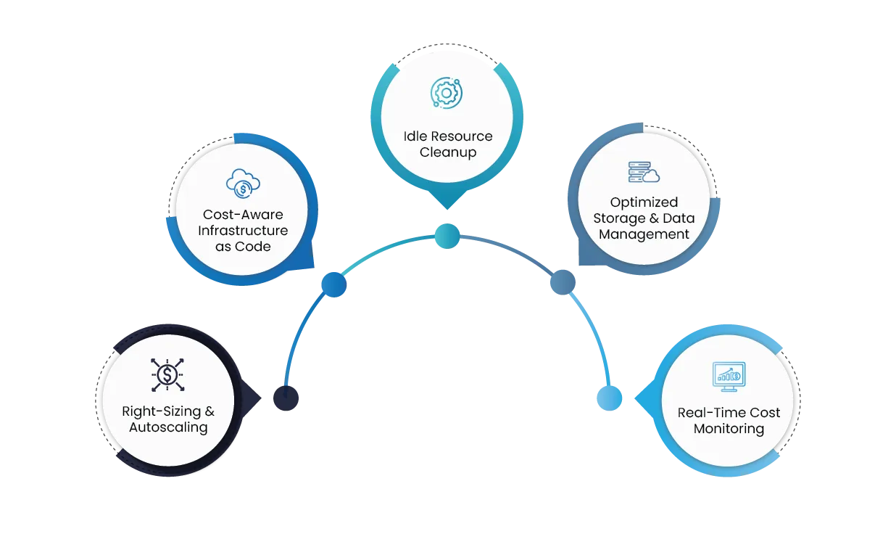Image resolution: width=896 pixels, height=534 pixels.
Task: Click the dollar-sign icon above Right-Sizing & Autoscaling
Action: [167, 375]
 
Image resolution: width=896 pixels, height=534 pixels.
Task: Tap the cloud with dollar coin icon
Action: [243, 183]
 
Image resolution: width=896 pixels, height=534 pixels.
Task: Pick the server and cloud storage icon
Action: [644, 172]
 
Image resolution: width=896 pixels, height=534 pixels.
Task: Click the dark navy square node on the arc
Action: [287, 398]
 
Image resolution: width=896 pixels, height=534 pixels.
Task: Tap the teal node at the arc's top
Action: [448, 234]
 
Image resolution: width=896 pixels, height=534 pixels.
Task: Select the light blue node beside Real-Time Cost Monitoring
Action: [608, 398]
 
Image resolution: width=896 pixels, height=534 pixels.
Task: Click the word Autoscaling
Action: [168, 427]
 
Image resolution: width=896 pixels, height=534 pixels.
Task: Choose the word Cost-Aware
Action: [243, 215]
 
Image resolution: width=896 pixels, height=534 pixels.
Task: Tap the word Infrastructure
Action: [243, 231]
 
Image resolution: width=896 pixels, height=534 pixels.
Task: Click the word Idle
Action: [416, 136]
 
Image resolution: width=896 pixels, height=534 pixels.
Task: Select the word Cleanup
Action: [447, 152]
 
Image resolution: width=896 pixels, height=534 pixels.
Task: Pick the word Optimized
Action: [644, 202]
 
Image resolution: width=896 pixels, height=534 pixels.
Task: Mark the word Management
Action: [644, 234]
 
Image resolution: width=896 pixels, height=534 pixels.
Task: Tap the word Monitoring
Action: [729, 429]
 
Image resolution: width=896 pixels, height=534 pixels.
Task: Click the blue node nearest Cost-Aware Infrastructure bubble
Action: [333, 284]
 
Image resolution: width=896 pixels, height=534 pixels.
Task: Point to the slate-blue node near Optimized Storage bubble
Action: [561, 282]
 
